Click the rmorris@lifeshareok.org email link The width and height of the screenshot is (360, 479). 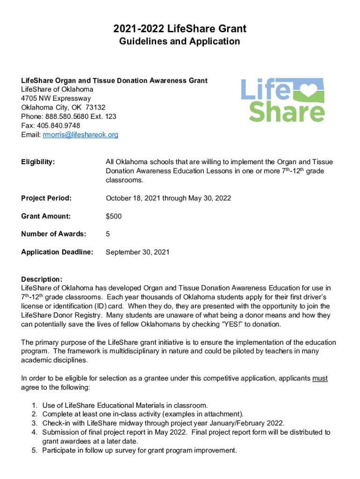pyautogui.click(x=80, y=135)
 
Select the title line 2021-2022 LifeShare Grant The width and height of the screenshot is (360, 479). pyautogui.click(x=180, y=29)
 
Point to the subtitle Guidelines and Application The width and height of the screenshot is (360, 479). pyautogui.click(x=180, y=42)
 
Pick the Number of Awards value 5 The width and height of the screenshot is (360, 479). pyautogui.click(x=108, y=234)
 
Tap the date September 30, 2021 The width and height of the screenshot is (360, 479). pyautogui.click(x=137, y=252)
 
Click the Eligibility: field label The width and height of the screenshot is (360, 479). pyautogui.click(x=38, y=162)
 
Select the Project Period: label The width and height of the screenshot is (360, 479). pyautogui.click(x=46, y=198)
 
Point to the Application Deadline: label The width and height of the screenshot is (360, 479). pyautogui.click(x=57, y=252)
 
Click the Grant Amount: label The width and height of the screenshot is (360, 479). pyautogui.click(x=46, y=216)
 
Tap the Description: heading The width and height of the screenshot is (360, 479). pyautogui.click(x=42, y=279)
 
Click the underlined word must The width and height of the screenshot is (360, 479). pyautogui.click(x=320, y=378)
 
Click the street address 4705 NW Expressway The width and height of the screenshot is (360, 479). pyautogui.click(x=56, y=98)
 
